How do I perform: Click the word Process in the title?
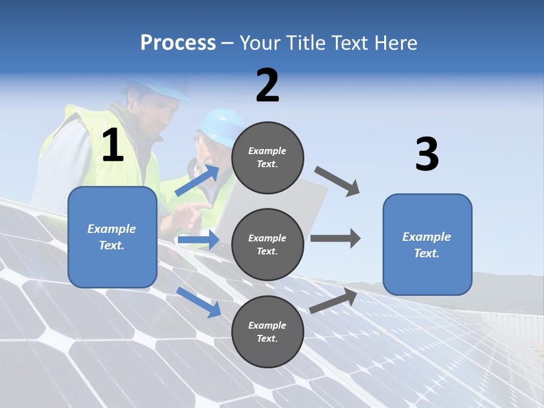pyautogui.click(x=178, y=43)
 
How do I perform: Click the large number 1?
pyautogui.click(x=113, y=145)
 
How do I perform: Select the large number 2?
pyautogui.click(x=267, y=85)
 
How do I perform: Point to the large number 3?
pyautogui.click(x=427, y=154)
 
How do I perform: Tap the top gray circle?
pyautogui.click(x=267, y=158)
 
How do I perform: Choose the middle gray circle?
pyautogui.click(x=267, y=244)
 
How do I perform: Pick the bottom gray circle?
pyautogui.click(x=267, y=331)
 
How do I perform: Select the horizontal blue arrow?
pyautogui.click(x=199, y=240)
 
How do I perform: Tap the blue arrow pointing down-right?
pyautogui.click(x=199, y=301)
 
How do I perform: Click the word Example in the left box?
pyautogui.click(x=112, y=229)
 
